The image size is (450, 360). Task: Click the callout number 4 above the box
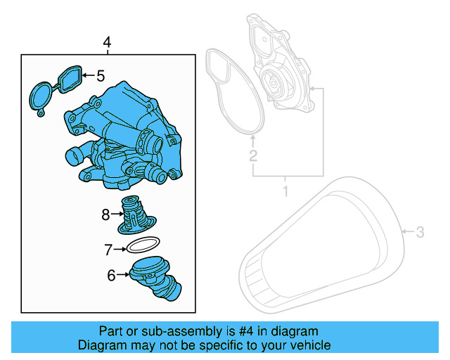pos(107,44)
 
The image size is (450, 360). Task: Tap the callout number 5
pos(101,75)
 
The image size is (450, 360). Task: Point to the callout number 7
pos(109,249)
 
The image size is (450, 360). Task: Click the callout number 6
pos(111,276)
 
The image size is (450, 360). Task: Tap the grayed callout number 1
pos(285,191)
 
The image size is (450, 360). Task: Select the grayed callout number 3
pos(420,231)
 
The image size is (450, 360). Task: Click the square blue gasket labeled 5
pos(69,79)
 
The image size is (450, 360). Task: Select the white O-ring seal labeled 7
pos(141,246)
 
